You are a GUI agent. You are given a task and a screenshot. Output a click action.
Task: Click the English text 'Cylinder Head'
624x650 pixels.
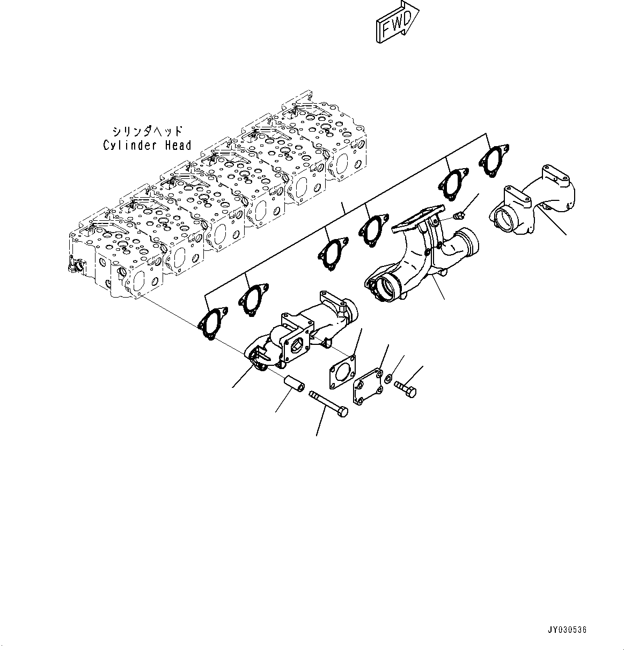(147, 145)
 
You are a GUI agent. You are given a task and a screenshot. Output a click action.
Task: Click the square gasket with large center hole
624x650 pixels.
(341, 372)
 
